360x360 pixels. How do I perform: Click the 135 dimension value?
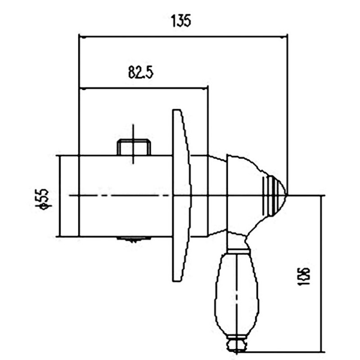[x=181, y=21]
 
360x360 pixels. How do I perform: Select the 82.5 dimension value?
[x=141, y=72]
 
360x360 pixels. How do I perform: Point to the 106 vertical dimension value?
[x=304, y=276]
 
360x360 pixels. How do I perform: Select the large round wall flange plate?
[x=181, y=195]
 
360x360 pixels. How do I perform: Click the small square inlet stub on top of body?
[x=134, y=148]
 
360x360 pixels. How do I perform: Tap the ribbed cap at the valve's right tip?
[x=274, y=195]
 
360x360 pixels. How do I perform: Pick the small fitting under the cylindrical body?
[x=134, y=239]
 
